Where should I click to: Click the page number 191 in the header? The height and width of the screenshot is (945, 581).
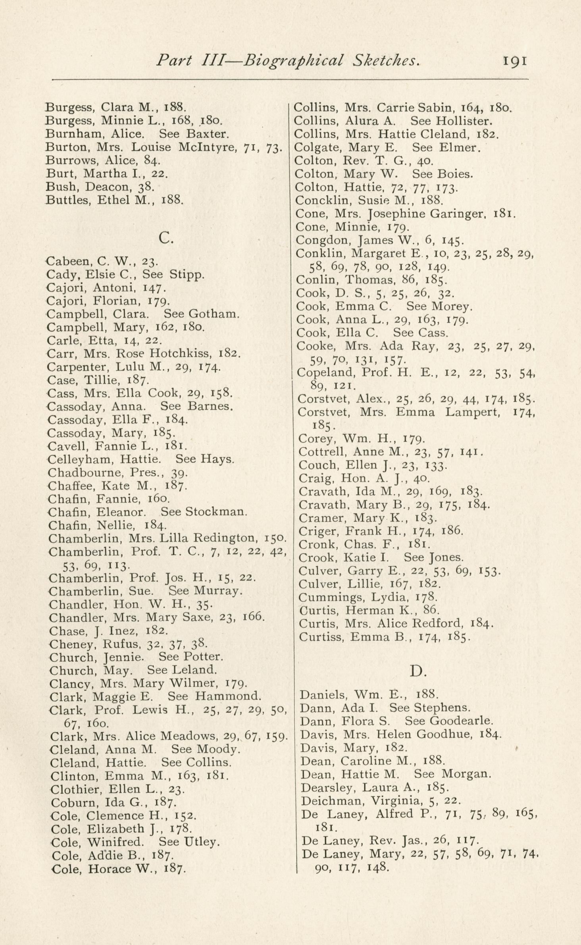point(515,61)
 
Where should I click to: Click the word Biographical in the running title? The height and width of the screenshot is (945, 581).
point(293,61)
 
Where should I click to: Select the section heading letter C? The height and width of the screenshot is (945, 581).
point(165,237)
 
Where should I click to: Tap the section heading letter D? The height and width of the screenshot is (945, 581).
point(417,671)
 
